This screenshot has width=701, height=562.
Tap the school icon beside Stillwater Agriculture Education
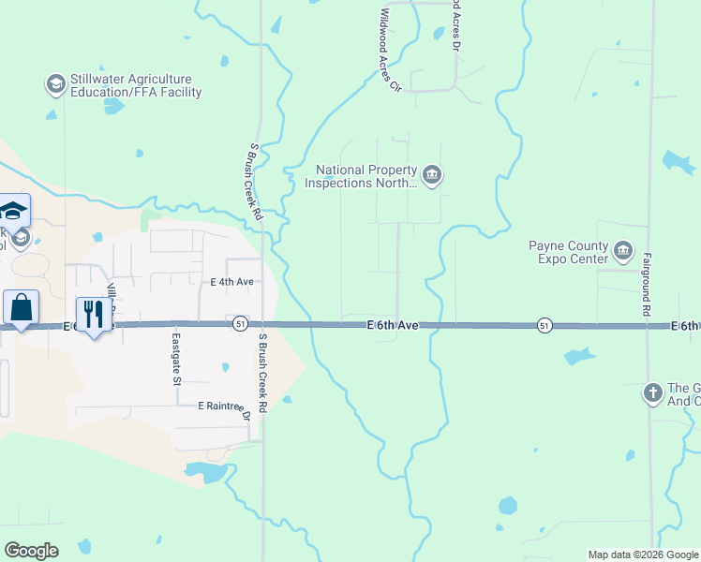55,85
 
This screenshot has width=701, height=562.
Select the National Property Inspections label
361,177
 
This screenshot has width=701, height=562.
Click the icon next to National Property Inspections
431,175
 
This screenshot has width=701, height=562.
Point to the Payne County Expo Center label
569,252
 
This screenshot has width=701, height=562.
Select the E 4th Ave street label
231,281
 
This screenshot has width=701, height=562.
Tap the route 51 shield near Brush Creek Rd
241,323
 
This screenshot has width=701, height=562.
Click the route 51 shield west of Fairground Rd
544,325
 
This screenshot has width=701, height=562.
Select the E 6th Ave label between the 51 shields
392,325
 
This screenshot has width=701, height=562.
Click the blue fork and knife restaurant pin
92,314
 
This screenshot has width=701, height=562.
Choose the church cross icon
653,393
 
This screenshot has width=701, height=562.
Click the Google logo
31,551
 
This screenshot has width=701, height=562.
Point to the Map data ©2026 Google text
643,555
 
